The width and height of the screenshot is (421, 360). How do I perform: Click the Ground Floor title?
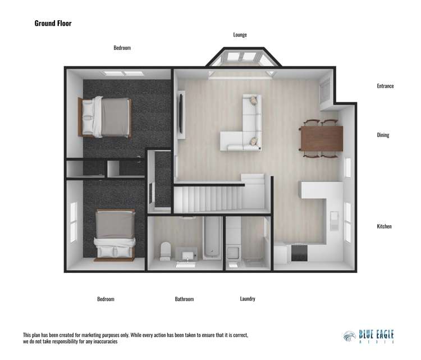click(53, 23)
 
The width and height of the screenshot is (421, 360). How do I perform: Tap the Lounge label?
click(240, 35)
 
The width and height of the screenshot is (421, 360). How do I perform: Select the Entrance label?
click(385, 86)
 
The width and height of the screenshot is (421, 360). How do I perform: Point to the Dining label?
click(383, 135)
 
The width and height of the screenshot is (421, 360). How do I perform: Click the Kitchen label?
click(384, 226)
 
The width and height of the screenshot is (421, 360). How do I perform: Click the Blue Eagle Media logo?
click(368, 336)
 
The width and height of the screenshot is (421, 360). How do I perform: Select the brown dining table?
click(321, 138)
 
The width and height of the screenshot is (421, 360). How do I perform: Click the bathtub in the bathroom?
click(212, 240)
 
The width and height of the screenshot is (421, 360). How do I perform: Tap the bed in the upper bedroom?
click(107, 117)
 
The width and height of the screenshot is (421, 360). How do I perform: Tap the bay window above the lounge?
click(241, 58)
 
